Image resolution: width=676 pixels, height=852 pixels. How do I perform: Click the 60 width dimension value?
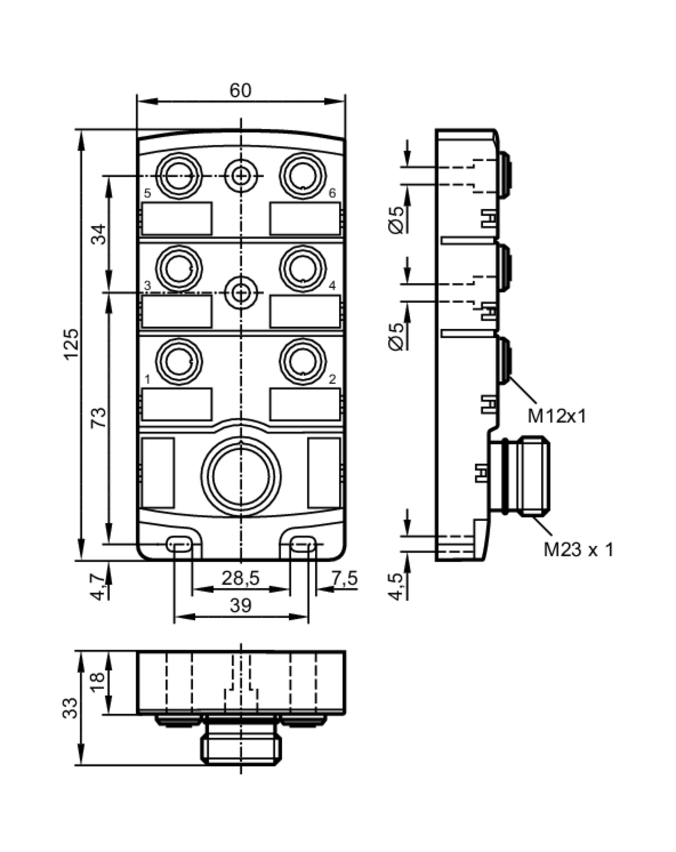[240, 91]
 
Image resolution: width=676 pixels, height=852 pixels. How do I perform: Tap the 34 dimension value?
[99, 234]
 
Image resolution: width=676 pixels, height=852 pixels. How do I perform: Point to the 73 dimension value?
[99, 417]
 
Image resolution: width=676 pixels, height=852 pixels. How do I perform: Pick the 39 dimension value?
[240, 606]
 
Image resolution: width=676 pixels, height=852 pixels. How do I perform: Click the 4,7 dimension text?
[99, 588]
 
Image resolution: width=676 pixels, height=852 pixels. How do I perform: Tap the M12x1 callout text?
[557, 416]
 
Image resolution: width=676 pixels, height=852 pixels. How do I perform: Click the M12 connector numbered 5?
[179, 176]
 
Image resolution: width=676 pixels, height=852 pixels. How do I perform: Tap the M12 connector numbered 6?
[303, 176]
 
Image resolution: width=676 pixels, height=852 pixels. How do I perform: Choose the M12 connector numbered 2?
[303, 361]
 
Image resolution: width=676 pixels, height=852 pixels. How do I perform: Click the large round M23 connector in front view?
[241, 476]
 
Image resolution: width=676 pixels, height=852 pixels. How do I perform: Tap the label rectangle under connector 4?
[305, 311]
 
